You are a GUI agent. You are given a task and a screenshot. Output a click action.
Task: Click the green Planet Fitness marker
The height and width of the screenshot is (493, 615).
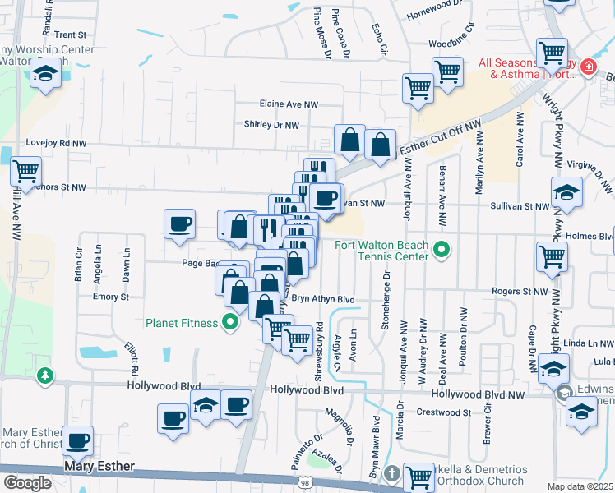(x=230, y=322)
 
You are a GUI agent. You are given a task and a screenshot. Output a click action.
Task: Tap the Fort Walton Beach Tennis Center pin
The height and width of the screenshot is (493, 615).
(x=442, y=247)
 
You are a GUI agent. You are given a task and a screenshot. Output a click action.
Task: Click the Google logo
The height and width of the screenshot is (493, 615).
(x=27, y=483)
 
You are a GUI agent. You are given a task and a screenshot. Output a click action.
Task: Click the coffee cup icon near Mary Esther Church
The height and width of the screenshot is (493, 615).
(x=78, y=440)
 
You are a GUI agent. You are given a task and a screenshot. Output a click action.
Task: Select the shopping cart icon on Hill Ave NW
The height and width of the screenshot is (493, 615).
(x=25, y=171)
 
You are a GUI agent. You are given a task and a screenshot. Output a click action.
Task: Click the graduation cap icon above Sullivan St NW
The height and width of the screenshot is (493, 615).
(x=566, y=191)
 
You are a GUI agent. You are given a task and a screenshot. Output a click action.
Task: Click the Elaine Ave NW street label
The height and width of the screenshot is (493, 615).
(x=288, y=104)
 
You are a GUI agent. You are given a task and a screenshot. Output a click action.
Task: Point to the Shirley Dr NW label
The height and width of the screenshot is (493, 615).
(x=271, y=125)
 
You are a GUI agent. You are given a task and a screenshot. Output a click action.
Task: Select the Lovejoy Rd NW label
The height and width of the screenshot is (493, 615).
(x=56, y=143)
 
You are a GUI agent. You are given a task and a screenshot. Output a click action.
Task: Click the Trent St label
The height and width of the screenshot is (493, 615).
(x=71, y=35)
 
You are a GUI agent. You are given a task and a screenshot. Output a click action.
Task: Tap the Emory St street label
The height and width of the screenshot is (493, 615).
(x=111, y=297)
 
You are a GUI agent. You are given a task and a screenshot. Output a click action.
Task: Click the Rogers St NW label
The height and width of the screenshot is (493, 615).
(x=520, y=292)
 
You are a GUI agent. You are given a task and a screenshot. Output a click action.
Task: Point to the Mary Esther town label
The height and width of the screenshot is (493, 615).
(x=99, y=468)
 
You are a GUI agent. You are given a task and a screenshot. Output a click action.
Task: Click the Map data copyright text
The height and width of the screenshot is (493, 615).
(x=580, y=486)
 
